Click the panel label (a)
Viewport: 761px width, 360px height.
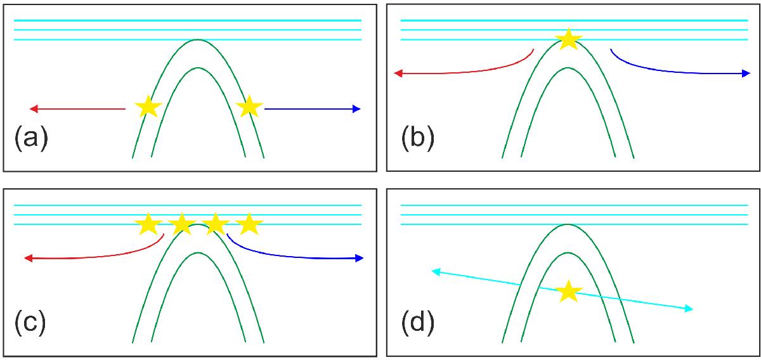(31, 138)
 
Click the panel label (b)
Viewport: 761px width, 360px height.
(417, 138)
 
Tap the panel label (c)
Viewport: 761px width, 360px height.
(30, 323)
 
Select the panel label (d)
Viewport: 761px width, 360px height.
(417, 323)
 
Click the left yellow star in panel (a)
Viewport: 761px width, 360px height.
(148, 107)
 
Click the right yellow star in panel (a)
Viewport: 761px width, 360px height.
(249, 107)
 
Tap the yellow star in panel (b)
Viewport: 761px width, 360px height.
(568, 39)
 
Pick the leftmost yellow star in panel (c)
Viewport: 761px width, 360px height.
(148, 224)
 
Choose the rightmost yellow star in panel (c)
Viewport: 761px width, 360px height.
(249, 224)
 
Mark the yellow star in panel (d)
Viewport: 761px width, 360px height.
(568, 292)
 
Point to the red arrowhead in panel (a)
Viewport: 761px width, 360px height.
(34, 108)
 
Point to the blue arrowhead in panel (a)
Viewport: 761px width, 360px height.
(356, 108)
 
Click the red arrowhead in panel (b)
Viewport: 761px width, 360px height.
(398, 73)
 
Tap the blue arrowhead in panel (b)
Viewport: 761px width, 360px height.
(746, 73)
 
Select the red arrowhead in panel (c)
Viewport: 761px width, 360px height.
(29, 258)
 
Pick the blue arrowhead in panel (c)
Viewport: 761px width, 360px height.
(360, 258)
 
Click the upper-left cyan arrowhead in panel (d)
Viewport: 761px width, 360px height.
(436, 272)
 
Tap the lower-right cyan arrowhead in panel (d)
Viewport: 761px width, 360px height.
(689, 309)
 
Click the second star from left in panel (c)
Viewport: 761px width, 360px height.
(182, 224)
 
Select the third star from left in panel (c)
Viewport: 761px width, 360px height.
(216, 224)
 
